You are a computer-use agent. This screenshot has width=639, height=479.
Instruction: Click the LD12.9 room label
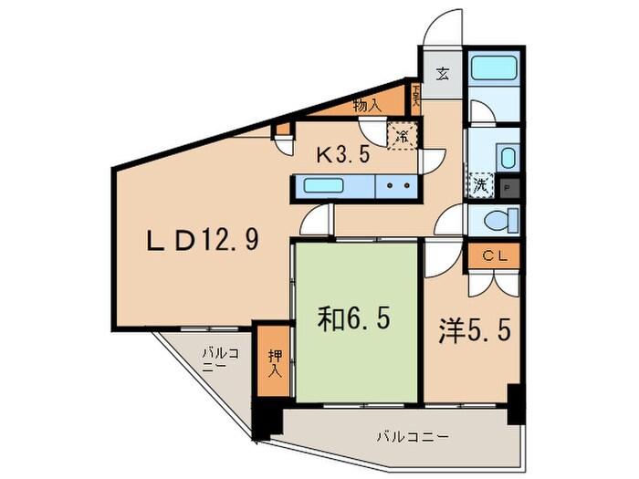[x=204, y=240]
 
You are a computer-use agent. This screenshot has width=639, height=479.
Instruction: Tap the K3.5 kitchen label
[x=342, y=154]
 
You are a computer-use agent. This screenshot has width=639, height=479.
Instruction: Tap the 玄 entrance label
[x=442, y=75]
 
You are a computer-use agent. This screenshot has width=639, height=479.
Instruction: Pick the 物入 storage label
[x=366, y=106]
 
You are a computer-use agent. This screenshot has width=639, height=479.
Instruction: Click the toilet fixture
[x=498, y=220]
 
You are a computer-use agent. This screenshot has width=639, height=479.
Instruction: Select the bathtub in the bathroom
[x=493, y=69]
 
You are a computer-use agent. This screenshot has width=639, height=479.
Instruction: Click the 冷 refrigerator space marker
[x=402, y=137]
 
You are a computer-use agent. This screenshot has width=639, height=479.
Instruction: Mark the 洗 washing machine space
[x=480, y=183]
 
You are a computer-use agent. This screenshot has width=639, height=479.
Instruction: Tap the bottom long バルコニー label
[x=414, y=437]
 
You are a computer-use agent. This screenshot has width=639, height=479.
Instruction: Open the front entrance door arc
[x=442, y=27]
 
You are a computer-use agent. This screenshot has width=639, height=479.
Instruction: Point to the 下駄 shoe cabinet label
[x=415, y=95]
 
